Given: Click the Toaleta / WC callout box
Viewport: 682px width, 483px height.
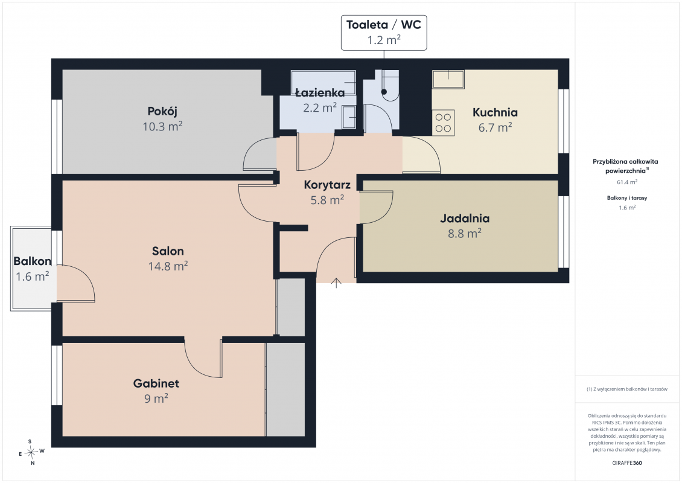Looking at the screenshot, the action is click(384, 33).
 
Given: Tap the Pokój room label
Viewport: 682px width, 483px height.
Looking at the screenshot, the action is click(162, 112).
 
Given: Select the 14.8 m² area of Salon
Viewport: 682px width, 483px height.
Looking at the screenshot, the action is click(168, 266).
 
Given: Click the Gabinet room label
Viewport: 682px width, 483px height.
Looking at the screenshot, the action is click(156, 383).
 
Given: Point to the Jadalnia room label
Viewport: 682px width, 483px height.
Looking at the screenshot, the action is click(465, 219).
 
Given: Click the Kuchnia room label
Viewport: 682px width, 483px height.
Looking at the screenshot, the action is click(495, 112).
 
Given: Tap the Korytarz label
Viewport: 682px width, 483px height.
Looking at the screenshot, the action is click(327, 185).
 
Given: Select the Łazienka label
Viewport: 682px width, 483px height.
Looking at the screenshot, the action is click(320, 92).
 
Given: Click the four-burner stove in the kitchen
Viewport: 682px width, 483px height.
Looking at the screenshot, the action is click(443, 123).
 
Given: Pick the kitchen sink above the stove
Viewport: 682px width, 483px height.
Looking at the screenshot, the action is click(448, 79).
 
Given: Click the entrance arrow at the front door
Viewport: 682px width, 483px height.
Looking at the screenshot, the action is click(336, 283).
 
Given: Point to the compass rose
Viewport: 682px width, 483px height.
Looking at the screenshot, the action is click(31, 453).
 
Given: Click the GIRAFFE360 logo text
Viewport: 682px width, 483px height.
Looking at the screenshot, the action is click(626, 463).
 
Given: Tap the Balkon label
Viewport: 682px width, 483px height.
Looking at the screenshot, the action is click(32, 261).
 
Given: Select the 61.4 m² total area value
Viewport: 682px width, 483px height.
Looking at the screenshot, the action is click(627, 182).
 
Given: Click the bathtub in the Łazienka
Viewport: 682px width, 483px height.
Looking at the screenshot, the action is click(323, 82).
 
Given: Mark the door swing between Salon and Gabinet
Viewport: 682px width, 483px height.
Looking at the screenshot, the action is click(203, 358).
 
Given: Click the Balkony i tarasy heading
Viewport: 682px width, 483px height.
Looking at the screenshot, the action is click(627, 198).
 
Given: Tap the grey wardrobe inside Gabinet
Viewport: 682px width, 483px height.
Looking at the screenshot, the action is click(285, 389).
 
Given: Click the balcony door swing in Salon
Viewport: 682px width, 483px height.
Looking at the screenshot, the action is click(75, 283).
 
